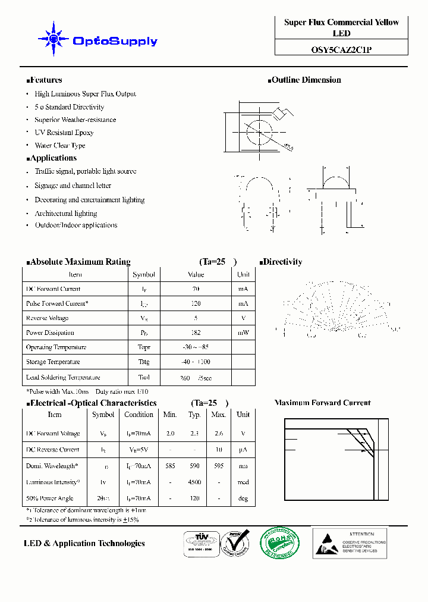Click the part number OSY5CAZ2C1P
[x=341, y=50]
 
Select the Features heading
[x=45, y=80]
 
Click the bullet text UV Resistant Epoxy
[x=64, y=133]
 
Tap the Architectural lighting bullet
[x=65, y=213]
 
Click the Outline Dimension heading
[x=305, y=80]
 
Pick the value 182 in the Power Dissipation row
[x=196, y=333]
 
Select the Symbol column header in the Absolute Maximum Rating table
[x=144, y=275]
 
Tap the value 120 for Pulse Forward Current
[x=196, y=303]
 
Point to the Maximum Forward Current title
[x=322, y=403]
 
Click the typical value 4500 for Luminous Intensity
[x=194, y=482]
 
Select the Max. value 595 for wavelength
[x=218, y=466]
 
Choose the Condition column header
[x=139, y=415]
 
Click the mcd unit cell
[x=243, y=482]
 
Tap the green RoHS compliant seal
[x=279, y=543]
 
